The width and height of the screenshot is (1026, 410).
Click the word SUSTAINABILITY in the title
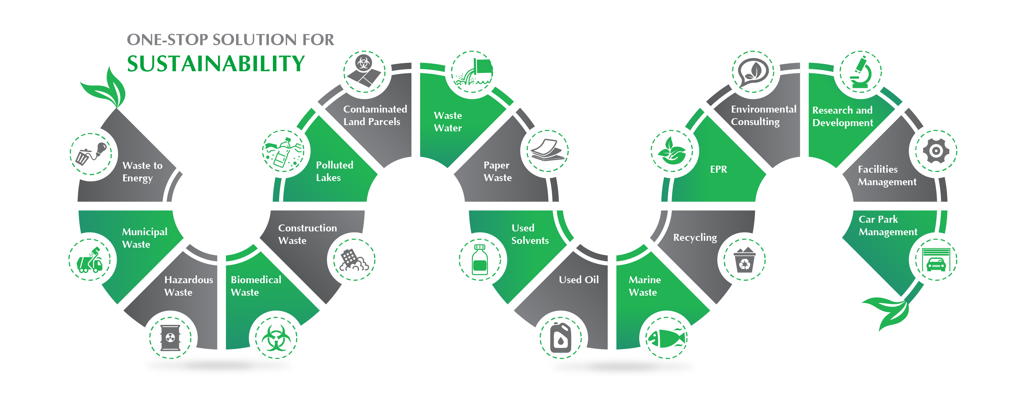[216, 64]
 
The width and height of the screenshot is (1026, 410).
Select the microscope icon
[860, 73]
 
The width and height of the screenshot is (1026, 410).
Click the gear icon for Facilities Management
[936, 151]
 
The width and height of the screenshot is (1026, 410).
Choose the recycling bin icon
[744, 260]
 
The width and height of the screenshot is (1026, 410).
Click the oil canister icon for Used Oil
[560, 338]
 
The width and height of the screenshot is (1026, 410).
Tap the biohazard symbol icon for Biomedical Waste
[276, 338]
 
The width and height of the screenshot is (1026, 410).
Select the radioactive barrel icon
[170, 338]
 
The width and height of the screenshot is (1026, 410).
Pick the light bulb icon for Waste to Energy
[92, 153]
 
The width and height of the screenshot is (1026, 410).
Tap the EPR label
[718, 169]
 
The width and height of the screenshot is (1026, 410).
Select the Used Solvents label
[530, 234]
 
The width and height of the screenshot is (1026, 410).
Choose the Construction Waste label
[307, 234]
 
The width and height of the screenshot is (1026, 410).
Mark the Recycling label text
[695, 237]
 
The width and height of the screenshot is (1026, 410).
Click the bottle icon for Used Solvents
[480, 260]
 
